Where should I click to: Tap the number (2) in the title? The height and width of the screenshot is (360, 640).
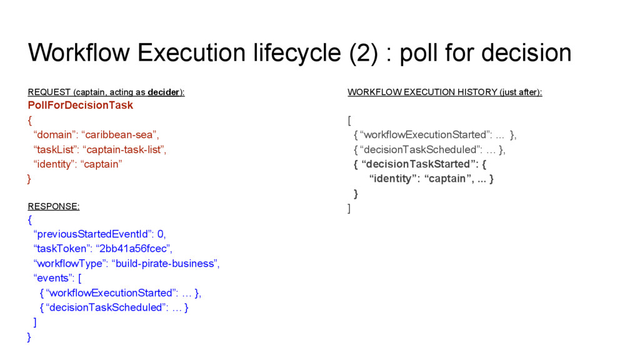coord(363,53)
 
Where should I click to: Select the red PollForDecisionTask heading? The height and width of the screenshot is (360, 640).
coord(81,105)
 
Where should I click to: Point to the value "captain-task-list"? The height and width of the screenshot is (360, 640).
coord(125,149)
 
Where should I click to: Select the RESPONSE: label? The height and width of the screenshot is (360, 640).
coord(54,206)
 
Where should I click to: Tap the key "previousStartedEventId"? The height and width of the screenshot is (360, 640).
coord(93,234)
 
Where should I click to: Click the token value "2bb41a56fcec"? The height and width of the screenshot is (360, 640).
coord(133,249)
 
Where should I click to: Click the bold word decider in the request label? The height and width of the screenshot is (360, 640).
coord(163,92)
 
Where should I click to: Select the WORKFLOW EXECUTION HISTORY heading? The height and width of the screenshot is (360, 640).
coord(444,92)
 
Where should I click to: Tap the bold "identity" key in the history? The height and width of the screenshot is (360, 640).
coord(394,179)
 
